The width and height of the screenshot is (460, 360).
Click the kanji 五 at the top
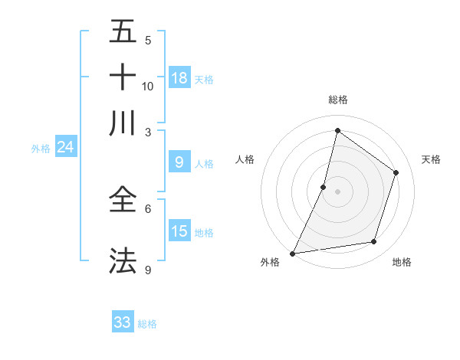coord(123,32)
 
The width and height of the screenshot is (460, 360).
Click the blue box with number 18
coord(179,77)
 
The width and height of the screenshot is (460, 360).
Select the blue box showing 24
coord(65,146)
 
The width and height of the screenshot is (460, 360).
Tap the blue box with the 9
coord(179,162)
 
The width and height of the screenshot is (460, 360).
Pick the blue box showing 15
coord(179,231)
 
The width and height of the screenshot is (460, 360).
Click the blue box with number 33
coord(123,322)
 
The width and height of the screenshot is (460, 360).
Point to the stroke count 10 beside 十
coord(148,86)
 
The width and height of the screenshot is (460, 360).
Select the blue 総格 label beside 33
coord(147,324)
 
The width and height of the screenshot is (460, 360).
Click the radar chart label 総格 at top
coord(337,100)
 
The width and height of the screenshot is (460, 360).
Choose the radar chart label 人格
coord(245,159)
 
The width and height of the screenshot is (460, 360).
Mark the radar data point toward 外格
coord(292,254)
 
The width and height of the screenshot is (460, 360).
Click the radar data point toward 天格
coord(396,172)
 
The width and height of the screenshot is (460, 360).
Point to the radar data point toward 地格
coord(374,242)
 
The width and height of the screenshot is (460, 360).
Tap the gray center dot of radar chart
coord(337,191)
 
